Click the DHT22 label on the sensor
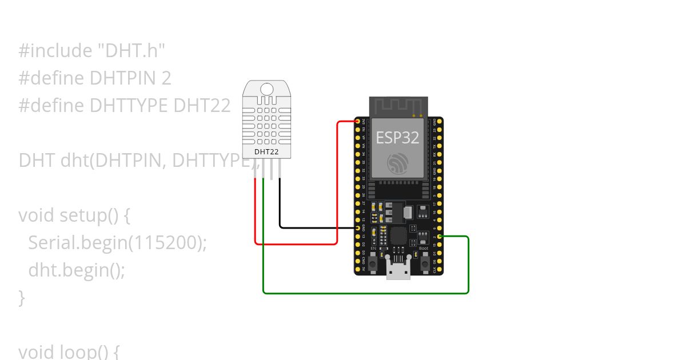pos(266,152)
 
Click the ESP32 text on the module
pos(397,137)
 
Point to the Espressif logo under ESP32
pos(397,163)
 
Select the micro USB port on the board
pos(398,269)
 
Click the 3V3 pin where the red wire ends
pos(358,122)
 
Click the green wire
pos(366,293)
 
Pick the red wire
pos(337,183)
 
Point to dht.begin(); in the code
pos(77,270)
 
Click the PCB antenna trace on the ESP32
pos(398,106)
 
